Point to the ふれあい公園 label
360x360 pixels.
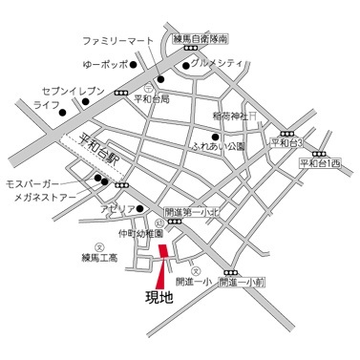218,147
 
